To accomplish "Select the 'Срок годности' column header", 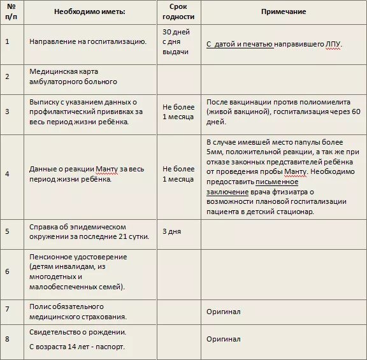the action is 178,12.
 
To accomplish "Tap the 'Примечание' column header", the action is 283,12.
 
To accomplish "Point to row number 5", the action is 8,231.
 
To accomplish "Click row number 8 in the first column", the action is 8,339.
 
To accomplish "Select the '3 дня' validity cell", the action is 172,231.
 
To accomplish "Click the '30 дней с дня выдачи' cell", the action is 176,41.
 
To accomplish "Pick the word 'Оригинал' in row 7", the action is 223,312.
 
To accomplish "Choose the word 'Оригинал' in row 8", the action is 223,339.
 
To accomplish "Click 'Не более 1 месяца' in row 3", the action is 178,112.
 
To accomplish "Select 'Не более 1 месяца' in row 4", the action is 178,174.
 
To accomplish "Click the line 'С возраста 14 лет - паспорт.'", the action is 77,347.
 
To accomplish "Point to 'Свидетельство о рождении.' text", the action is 78,332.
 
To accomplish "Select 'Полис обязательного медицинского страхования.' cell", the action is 78,312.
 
